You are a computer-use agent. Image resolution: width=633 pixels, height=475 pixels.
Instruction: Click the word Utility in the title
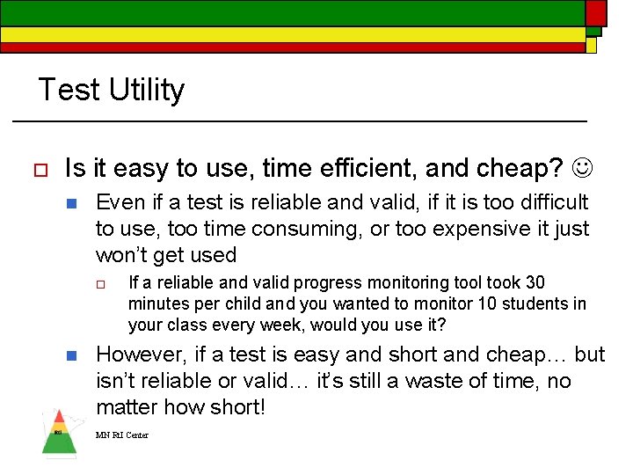147,90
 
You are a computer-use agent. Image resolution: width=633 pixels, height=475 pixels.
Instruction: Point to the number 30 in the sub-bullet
535,282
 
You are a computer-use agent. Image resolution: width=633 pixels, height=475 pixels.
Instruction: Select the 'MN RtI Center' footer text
122,435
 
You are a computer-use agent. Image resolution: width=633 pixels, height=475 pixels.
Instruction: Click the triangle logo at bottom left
59,433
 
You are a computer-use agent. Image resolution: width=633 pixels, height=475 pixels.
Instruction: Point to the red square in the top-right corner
596,12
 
